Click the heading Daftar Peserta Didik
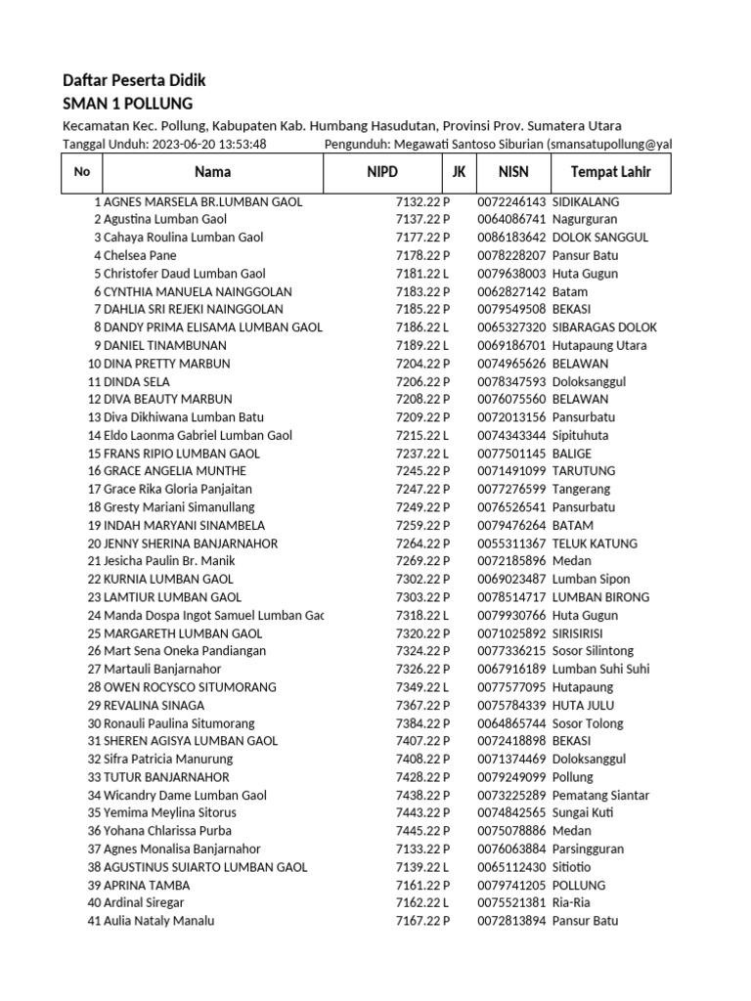pos(134,80)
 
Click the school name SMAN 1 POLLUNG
pos(127,104)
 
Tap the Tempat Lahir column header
pos(610,173)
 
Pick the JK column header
pos(458,173)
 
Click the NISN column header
pos(512,173)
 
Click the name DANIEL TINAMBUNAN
pos(164,345)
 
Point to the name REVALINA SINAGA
pos(154,705)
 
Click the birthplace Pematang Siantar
pos(600,795)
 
